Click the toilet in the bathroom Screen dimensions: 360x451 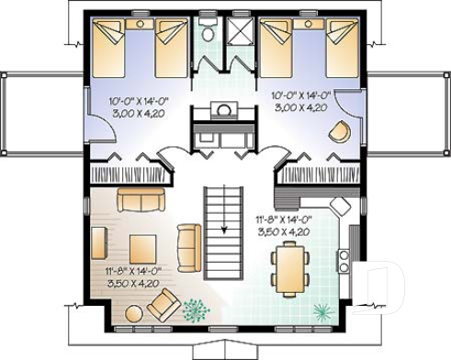[209, 33]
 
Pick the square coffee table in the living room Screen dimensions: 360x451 [142, 248]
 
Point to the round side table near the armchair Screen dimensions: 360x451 [134, 312]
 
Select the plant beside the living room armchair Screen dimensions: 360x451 [196, 310]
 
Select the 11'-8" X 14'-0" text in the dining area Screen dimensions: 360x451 [285, 219]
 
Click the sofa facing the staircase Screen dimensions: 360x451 [189, 243]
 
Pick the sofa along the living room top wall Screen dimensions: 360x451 [139, 199]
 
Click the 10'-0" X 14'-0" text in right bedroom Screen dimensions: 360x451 [302, 94]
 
